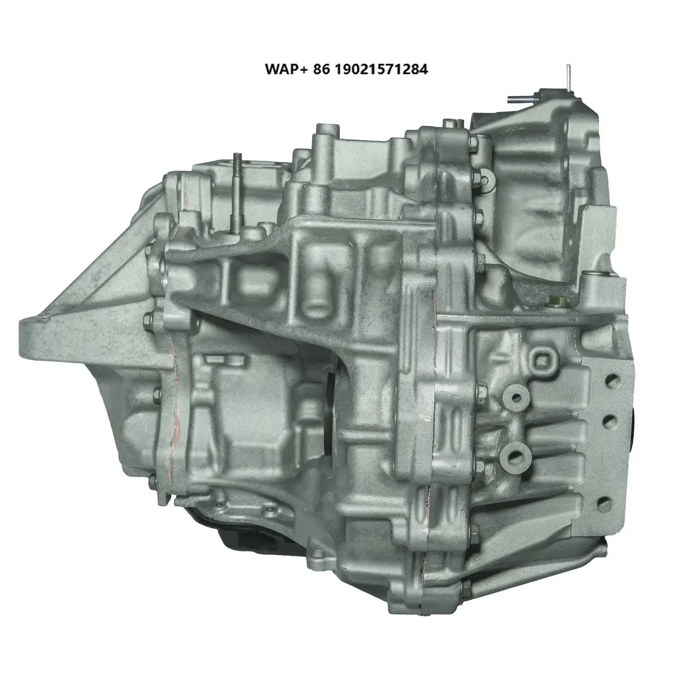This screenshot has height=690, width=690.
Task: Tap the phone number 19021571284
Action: pyautogui.click(x=382, y=69)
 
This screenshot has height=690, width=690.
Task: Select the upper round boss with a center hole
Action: pyautogui.click(x=514, y=398)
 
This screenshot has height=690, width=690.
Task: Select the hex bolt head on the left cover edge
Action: pyautogui.click(x=149, y=317)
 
